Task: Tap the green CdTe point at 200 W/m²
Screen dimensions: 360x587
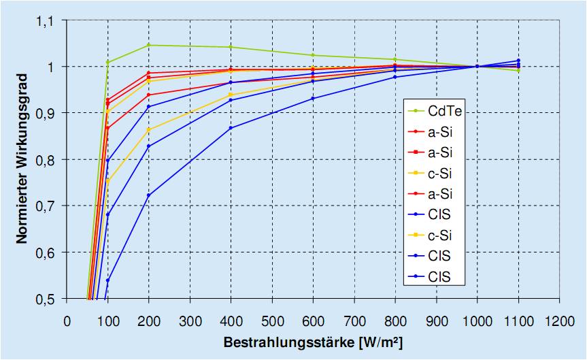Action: coord(149,46)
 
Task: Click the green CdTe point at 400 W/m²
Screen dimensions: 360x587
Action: coord(231,47)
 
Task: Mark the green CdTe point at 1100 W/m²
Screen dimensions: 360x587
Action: coord(518,70)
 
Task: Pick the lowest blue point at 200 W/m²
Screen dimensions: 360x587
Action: coord(149,195)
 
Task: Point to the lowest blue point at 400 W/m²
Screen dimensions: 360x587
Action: coord(231,128)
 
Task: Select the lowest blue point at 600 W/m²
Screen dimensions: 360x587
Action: coord(313,99)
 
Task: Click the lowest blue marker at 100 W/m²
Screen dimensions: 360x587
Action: coord(107,280)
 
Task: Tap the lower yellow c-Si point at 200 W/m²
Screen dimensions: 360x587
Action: coord(149,129)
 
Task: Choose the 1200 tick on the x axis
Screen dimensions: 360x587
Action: coord(559,320)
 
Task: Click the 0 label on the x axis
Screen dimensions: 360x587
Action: coord(67,320)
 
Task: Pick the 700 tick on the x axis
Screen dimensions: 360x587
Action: coord(354,320)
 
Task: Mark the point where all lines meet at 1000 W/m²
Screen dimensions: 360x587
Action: coord(477,66)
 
